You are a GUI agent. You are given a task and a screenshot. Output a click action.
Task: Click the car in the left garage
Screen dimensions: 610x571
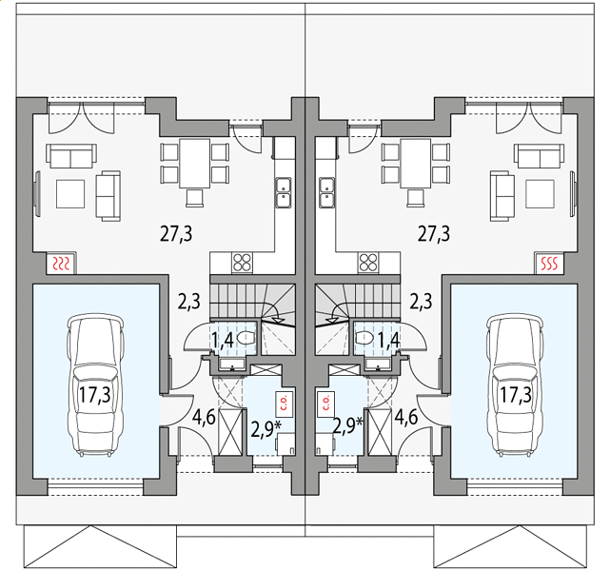click(96, 385)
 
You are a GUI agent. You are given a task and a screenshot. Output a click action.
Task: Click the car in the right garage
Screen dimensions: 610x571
click(515, 385)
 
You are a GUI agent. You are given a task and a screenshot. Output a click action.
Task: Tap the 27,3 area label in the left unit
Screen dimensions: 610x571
click(176, 234)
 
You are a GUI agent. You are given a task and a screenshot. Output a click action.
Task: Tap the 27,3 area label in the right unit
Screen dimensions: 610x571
click(434, 234)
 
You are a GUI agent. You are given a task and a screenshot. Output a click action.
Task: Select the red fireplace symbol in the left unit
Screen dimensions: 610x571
click(61, 264)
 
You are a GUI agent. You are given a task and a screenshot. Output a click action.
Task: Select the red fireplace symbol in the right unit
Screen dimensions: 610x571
click(549, 264)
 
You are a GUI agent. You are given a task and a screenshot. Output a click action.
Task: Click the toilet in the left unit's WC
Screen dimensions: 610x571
click(246, 338)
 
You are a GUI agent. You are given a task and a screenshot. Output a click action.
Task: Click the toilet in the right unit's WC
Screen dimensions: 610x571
click(364, 338)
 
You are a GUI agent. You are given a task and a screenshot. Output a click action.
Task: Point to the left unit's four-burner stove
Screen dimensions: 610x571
click(242, 263)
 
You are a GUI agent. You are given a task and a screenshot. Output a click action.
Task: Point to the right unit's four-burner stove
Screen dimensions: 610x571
click(368, 263)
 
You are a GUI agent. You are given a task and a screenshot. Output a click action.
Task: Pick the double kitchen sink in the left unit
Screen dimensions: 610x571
click(284, 192)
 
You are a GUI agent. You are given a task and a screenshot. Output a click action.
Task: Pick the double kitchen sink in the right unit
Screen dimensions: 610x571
click(326, 192)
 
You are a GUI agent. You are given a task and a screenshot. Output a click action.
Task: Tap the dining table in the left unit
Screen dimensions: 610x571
click(194, 164)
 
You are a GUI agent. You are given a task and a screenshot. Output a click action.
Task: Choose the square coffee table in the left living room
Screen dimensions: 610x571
click(70, 194)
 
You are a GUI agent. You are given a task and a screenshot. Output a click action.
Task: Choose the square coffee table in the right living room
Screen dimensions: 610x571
click(540, 194)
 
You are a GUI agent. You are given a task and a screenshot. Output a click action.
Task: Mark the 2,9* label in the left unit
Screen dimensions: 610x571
click(266, 429)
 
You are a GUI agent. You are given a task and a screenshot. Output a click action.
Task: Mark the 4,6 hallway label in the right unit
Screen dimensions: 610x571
click(406, 418)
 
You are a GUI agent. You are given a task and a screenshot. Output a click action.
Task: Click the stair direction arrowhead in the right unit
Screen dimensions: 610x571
click(331, 320)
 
